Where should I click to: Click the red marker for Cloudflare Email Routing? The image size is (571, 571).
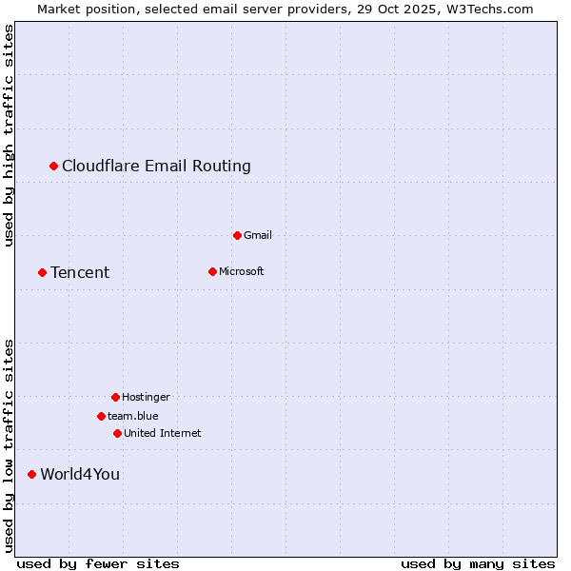pyautogui.click(x=54, y=167)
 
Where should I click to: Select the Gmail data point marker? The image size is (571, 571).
pyautogui.click(x=237, y=235)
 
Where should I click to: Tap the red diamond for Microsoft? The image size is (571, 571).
pyautogui.click(x=212, y=271)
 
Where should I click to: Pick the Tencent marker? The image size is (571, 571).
pyautogui.click(x=42, y=273)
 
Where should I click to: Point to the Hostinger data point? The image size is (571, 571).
pyautogui.click(x=115, y=397)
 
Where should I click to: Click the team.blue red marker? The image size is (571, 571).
pyautogui.click(x=101, y=416)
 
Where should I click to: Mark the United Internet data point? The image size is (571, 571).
pyautogui.click(x=117, y=433)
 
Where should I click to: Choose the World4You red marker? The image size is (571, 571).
pyautogui.click(x=31, y=474)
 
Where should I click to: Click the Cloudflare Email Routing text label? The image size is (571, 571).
pyautogui.click(x=156, y=167)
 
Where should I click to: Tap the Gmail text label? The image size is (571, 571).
pyautogui.click(x=258, y=235)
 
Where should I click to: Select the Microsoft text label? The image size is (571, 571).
pyautogui.click(x=242, y=271)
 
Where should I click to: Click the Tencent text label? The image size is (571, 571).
pyautogui.click(x=80, y=273)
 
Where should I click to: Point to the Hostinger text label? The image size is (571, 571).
pyautogui.click(x=146, y=397)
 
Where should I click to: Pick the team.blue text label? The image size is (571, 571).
pyautogui.click(x=133, y=416)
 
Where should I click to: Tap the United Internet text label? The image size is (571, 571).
pyautogui.click(x=163, y=433)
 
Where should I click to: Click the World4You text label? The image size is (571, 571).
pyautogui.click(x=80, y=474)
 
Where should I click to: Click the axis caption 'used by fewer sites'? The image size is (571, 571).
pyautogui.click(x=98, y=563)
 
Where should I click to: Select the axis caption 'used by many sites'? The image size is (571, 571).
pyautogui.click(x=478, y=563)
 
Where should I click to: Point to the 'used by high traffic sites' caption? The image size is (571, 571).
pyautogui.click(x=10, y=135)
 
